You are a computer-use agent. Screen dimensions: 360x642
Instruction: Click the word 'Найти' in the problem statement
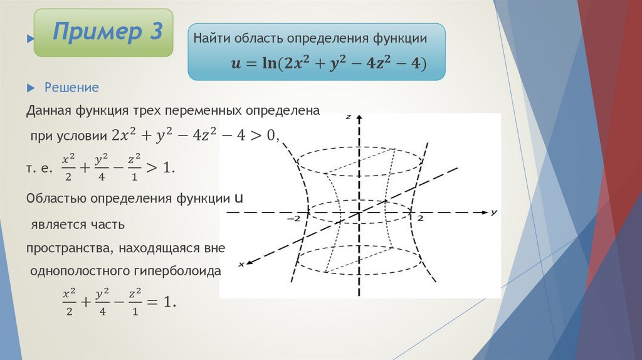[213, 39]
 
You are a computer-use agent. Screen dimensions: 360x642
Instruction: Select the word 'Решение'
[71, 87]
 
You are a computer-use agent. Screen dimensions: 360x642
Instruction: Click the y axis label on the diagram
[494, 213]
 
